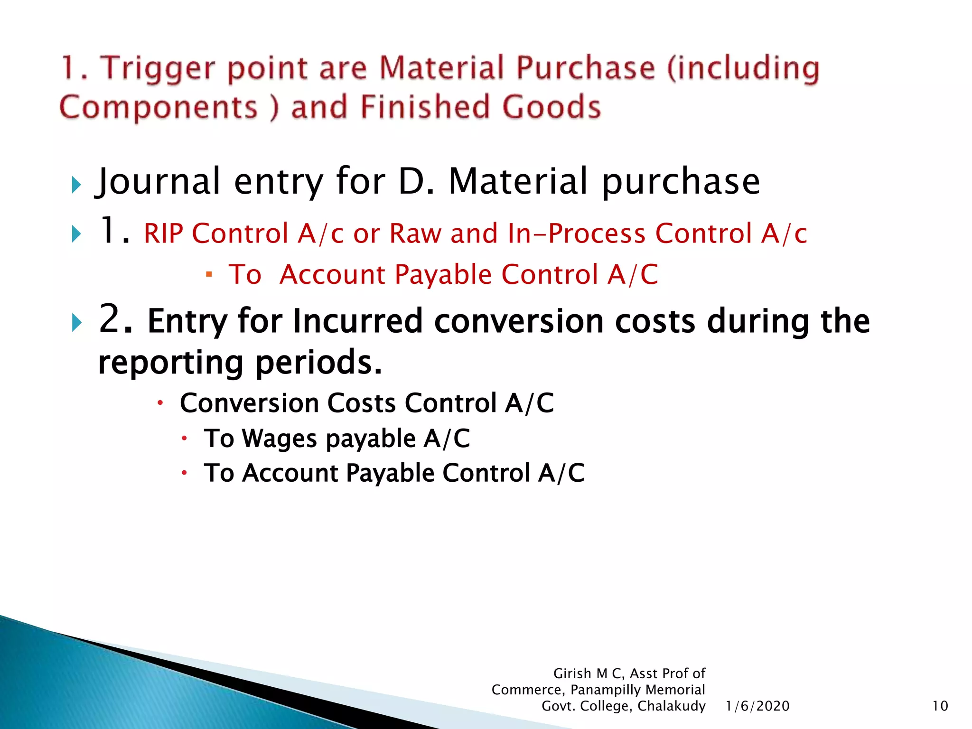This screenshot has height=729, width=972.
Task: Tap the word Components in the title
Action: pyautogui.click(x=159, y=107)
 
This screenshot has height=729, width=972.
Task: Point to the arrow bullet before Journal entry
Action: pyautogui.click(x=76, y=185)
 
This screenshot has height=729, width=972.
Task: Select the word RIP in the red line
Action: pyautogui.click(x=163, y=234)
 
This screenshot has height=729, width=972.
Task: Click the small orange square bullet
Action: pyautogui.click(x=209, y=274)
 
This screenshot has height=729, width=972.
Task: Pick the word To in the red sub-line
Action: pyautogui.click(x=245, y=275)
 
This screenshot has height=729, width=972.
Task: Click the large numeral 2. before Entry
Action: pyautogui.click(x=115, y=319)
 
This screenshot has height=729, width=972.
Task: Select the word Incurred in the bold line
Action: pyautogui.click(x=357, y=321)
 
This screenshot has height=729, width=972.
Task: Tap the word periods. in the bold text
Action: pyautogui.click(x=318, y=363)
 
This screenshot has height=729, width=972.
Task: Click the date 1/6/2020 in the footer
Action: pyautogui.click(x=757, y=706)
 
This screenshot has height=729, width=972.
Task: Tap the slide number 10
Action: pyautogui.click(x=940, y=706)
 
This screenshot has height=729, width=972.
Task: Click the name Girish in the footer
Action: pyautogui.click(x=572, y=673)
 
